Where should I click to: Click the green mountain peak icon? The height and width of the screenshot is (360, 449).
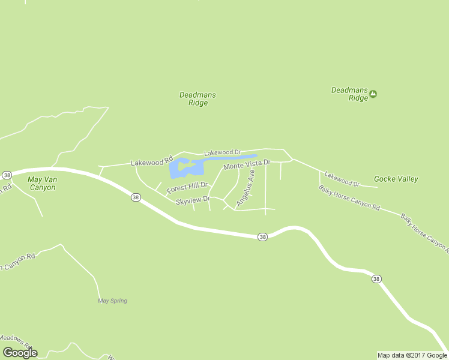[x=373, y=94]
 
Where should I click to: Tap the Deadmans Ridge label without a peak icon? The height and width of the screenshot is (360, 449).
[x=197, y=99]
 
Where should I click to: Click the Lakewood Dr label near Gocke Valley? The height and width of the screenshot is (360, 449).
[x=342, y=179]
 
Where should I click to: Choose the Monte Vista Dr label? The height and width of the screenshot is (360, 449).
[x=247, y=164]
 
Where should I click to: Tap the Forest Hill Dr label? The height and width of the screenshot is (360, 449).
[x=187, y=188]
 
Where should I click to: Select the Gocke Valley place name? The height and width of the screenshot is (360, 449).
[x=396, y=179]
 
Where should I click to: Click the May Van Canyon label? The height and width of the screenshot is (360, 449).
[x=42, y=183]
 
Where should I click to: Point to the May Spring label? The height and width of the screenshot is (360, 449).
[x=112, y=301]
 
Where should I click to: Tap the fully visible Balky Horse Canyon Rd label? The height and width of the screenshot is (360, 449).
[x=349, y=199]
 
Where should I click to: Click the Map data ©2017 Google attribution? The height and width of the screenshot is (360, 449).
[x=412, y=355]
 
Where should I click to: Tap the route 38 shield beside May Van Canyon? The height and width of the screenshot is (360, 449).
[x=7, y=175]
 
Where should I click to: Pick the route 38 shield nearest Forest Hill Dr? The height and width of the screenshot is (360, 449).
[x=136, y=197]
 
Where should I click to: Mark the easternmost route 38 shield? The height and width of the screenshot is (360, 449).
[x=376, y=278]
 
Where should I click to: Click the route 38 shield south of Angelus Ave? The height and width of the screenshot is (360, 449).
[x=262, y=237]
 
